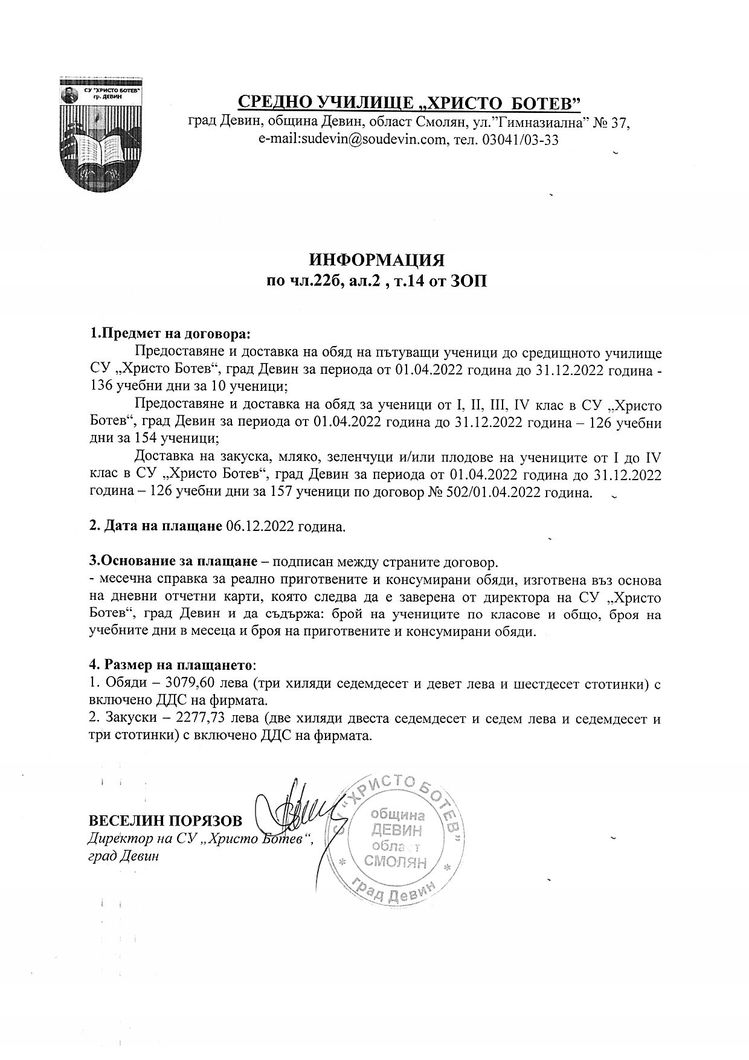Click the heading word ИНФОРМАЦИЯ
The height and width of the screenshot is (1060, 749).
pos(377,260)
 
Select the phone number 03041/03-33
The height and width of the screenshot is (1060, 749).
pos(522,140)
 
